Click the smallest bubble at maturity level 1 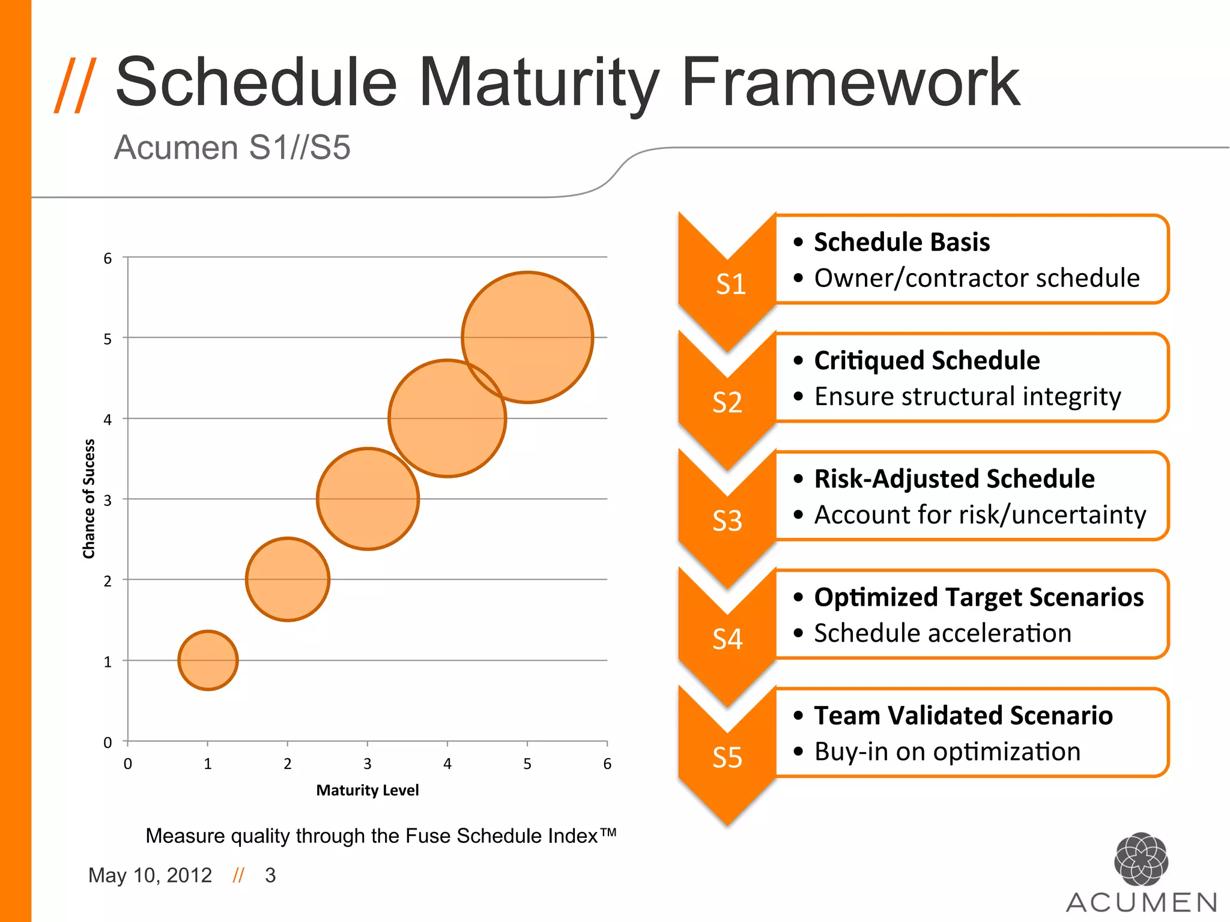208,660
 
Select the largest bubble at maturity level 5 527,337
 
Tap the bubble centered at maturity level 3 368,499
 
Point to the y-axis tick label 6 108,259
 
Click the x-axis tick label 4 447,764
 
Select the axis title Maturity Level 367,791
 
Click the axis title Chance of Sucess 89,499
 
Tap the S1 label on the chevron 730,285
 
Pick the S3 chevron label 727,521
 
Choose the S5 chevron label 727,758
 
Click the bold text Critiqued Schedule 927,361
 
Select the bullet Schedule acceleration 942,633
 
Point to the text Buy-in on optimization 947,752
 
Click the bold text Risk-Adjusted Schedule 954,479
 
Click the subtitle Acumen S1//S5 232,148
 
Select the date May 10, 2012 150,876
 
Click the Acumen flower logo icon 1141,859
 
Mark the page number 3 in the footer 270,876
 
